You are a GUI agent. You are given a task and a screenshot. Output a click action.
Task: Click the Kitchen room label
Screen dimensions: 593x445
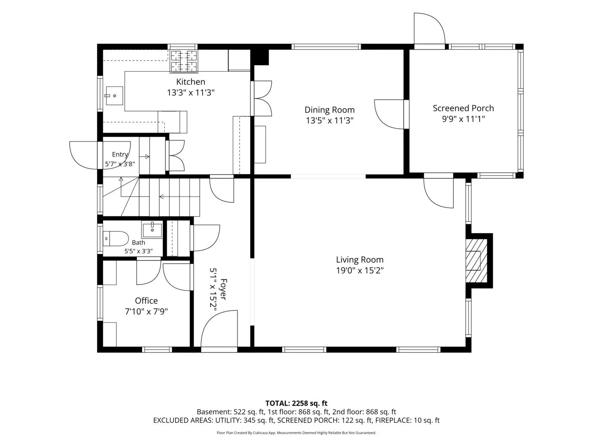pos(191,82)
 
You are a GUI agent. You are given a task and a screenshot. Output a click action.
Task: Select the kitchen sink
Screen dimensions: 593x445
pos(114,96)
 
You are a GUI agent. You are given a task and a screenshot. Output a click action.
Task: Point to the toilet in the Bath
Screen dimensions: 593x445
pos(115,239)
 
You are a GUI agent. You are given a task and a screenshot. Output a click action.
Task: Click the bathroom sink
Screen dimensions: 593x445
pos(152,230)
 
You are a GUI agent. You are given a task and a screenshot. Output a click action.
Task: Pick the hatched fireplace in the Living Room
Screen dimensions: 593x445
pos(476,261)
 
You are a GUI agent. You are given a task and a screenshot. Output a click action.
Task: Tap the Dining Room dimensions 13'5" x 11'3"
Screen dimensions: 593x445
pos(329,120)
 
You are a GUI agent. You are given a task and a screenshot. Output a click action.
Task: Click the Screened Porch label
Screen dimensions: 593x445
pos(463,108)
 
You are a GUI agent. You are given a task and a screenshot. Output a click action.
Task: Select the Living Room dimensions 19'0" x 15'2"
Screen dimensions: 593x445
pos(360,270)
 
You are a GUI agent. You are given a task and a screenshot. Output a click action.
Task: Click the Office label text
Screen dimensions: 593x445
pos(146,301)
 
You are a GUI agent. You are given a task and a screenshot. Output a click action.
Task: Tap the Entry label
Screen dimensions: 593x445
pos(120,154)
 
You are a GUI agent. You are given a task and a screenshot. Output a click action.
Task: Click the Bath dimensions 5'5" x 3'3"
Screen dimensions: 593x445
pos(138,251)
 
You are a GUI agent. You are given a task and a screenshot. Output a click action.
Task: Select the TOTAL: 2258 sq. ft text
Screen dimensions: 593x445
pos(296,403)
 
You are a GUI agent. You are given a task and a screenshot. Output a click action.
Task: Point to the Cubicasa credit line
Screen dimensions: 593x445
pos(296,433)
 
